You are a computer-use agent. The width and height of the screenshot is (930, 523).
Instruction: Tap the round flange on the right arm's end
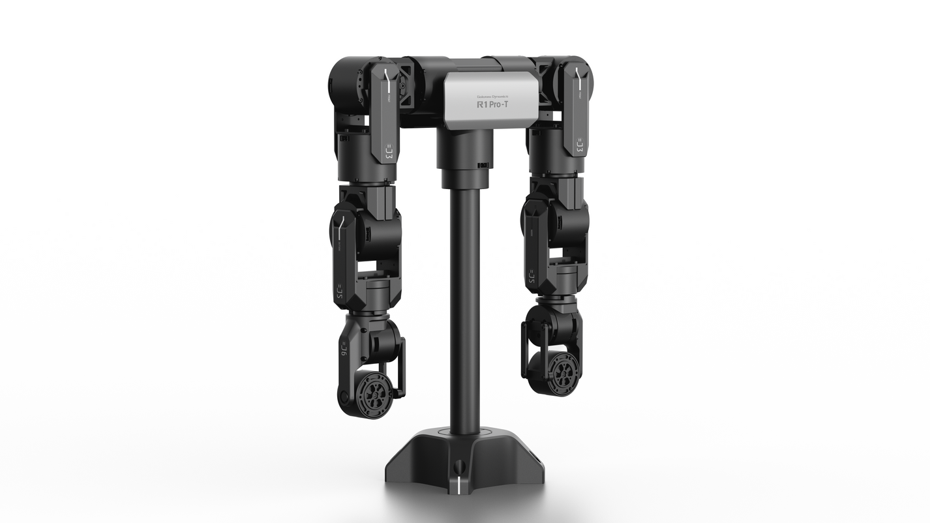point(562,372)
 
